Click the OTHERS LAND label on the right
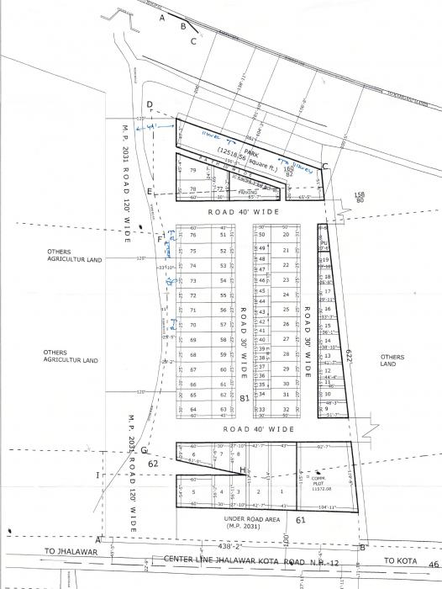click(392, 360)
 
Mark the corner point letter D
click(149, 105)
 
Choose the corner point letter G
click(144, 451)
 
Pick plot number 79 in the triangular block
click(193, 170)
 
